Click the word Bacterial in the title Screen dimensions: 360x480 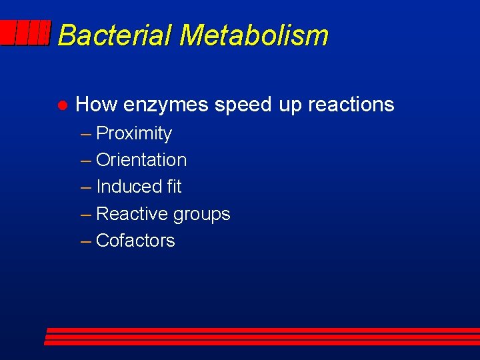tap(114, 35)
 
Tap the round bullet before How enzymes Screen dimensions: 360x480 tap(60, 105)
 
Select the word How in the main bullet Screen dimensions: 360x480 tap(97, 105)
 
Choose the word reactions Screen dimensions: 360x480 tap(351, 105)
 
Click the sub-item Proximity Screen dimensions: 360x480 tap(134, 134)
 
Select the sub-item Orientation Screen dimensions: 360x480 tap(141, 160)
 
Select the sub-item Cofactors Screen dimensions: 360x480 tap(135, 241)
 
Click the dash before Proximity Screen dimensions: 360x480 tap(86, 134)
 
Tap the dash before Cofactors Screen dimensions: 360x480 tap(86, 241)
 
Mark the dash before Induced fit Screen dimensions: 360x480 tap(86, 187)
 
